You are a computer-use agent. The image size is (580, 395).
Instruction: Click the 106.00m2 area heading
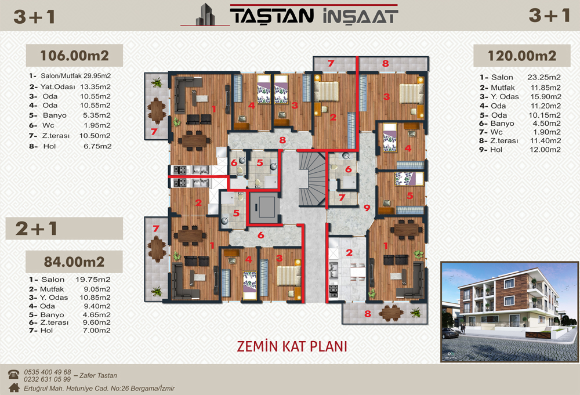74,56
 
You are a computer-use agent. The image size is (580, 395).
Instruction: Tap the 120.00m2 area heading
522,56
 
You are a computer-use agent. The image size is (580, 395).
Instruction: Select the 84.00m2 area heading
74,262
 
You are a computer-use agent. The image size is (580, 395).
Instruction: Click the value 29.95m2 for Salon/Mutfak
97,76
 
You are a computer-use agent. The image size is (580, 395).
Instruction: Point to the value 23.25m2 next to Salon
544,77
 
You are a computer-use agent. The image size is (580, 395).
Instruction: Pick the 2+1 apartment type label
36,229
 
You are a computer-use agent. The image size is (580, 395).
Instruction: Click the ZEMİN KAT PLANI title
292,346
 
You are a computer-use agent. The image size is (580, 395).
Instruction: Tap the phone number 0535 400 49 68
48,372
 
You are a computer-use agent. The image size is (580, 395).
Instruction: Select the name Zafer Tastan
98,375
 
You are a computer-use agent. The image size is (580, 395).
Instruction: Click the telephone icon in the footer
14,374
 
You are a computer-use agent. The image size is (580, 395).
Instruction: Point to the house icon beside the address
14,387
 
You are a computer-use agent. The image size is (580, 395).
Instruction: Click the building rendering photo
509,311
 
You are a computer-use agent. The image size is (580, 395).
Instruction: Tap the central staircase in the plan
312,179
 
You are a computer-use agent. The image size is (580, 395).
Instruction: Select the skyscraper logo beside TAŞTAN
205,15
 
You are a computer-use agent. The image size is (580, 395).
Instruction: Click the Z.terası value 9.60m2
96,322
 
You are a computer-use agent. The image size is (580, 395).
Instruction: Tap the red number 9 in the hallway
367,208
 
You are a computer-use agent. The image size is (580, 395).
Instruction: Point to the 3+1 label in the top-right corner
549,16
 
